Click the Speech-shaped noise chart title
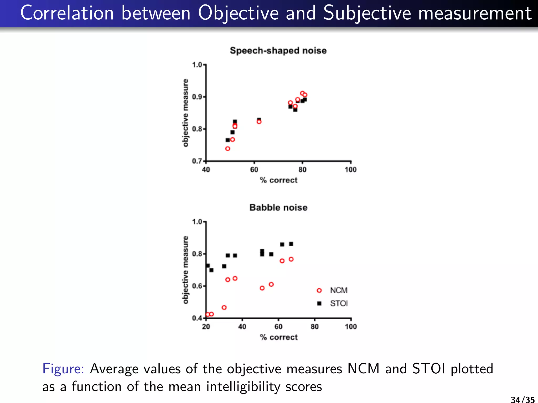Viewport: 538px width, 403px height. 278,50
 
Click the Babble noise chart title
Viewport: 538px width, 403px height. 278,208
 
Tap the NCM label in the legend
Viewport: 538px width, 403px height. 339,290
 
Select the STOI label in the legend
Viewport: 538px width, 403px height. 339,304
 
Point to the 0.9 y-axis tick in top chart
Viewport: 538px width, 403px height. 197,97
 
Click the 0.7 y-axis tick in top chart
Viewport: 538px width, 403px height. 197,161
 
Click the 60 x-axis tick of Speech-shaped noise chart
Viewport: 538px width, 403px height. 254,170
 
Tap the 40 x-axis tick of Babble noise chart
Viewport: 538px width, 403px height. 242,327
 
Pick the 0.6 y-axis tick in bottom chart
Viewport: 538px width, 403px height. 197,286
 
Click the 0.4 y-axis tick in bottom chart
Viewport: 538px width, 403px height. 197,318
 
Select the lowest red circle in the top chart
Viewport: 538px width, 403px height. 228,149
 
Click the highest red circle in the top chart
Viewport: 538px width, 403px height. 302,93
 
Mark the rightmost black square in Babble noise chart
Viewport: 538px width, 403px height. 291,244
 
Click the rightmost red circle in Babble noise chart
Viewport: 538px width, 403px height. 291,259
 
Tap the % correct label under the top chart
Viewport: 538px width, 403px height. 278,180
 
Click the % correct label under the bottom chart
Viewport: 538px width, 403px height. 278,337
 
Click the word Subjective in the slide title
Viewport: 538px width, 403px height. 367,13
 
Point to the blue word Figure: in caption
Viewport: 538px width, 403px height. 63,369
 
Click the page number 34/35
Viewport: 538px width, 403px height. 523,400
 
